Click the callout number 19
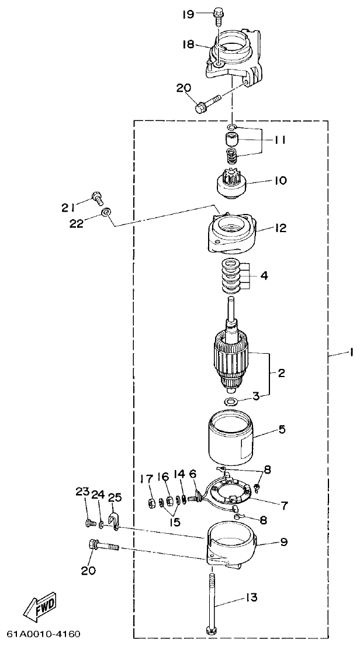188,14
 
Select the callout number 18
188,45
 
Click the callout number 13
251,597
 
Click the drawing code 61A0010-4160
44,634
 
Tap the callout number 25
115,497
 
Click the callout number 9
283,542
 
